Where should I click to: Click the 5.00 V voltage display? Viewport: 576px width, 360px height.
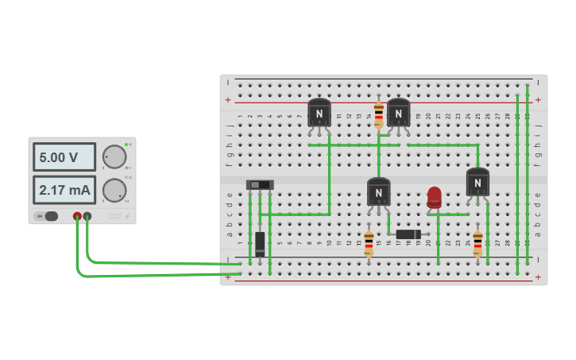[64, 157]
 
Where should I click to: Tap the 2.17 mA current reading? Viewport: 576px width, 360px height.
[64, 190]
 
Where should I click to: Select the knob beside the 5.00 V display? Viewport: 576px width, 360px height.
[114, 157]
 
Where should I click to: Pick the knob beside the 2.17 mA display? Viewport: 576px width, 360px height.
[114, 190]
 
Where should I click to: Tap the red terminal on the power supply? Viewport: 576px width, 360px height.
[77, 216]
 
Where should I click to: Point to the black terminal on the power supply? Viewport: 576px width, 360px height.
[87, 216]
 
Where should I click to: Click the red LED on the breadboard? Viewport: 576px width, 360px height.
[434, 197]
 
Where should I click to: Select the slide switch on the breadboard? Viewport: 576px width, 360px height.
[260, 185]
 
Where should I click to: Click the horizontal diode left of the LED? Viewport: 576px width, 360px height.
[408, 234]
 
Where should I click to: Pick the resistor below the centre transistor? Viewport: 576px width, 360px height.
[369, 243]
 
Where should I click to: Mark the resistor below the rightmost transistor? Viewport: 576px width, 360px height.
[477, 243]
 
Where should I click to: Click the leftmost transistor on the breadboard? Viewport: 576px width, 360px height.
[319, 114]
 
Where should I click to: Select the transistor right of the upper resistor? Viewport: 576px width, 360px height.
[398, 114]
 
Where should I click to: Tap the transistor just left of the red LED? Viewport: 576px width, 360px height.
[378, 193]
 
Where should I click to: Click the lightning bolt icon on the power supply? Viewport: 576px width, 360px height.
[127, 216]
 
